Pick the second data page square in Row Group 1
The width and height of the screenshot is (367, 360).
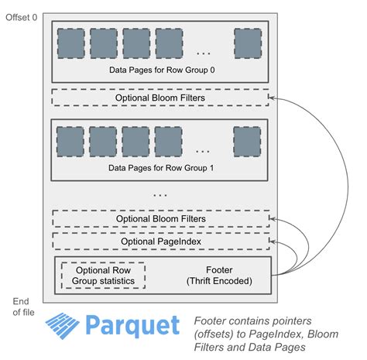click(103, 142)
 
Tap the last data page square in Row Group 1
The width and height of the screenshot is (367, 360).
click(247, 142)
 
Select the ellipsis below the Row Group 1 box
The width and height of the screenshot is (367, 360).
click(159, 195)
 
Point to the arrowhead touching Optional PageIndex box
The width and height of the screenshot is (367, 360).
click(273, 242)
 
